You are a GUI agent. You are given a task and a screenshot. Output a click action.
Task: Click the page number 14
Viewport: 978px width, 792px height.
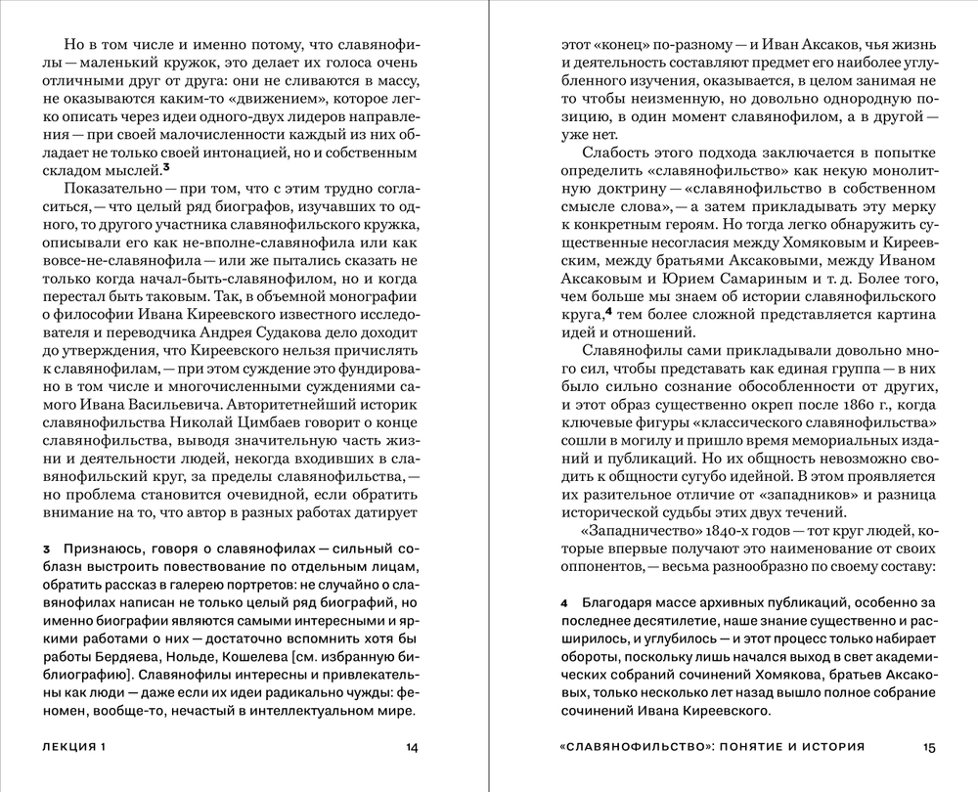click(x=411, y=748)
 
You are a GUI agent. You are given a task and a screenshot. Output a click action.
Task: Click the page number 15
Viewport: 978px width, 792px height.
click(x=929, y=748)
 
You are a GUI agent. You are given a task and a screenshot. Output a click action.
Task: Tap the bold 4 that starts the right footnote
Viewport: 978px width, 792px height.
click(x=565, y=604)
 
